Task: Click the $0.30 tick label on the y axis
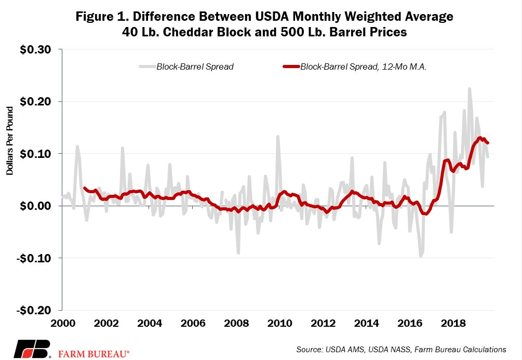tap(35, 50)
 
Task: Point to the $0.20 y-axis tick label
tap(35, 102)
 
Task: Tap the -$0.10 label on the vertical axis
tap(34, 258)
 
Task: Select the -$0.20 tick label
tap(34, 310)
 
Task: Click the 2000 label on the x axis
tap(63, 323)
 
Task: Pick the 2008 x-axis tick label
tap(236, 323)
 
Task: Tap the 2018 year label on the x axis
tap(453, 323)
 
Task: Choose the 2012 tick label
tap(323, 323)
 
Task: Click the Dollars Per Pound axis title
tap(9, 141)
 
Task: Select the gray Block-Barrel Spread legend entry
tap(186, 66)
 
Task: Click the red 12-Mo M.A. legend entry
tap(355, 66)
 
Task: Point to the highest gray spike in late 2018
tap(470, 89)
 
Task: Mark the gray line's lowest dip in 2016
tap(421, 256)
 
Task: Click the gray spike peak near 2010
tap(278, 136)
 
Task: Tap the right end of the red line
tap(488, 143)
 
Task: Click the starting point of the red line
tap(84, 188)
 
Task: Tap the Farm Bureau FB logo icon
tap(32, 349)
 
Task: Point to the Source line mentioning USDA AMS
tap(401, 349)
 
